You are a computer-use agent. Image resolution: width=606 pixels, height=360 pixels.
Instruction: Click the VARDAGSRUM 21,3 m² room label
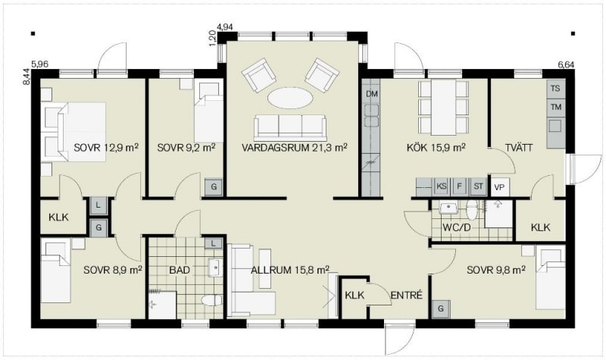294,147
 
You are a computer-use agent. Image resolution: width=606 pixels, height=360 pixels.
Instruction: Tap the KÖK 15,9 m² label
436,147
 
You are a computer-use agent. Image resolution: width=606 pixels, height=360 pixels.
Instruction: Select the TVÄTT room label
519,147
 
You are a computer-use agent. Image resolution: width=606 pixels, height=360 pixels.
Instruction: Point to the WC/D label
457,227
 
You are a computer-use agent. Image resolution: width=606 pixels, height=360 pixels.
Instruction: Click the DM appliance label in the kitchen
372,94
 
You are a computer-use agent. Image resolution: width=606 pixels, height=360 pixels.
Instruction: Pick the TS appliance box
555,88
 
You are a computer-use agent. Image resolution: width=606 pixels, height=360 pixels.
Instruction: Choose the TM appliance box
556,107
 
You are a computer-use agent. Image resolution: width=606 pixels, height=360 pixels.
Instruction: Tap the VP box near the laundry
500,187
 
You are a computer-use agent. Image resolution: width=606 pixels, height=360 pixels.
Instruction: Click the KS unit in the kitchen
442,186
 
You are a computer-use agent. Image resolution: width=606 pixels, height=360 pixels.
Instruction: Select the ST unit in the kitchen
479,186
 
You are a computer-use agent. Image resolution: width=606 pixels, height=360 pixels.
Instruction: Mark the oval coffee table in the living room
290,98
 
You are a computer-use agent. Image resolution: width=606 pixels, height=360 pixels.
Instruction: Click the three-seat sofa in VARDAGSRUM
290,127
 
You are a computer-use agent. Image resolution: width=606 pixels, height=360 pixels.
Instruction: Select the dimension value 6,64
566,64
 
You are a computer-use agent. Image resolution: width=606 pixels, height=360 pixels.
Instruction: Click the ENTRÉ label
407,296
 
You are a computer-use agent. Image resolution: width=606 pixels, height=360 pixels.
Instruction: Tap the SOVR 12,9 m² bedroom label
106,147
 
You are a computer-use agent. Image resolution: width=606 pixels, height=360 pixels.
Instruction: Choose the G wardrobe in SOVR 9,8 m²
441,309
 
